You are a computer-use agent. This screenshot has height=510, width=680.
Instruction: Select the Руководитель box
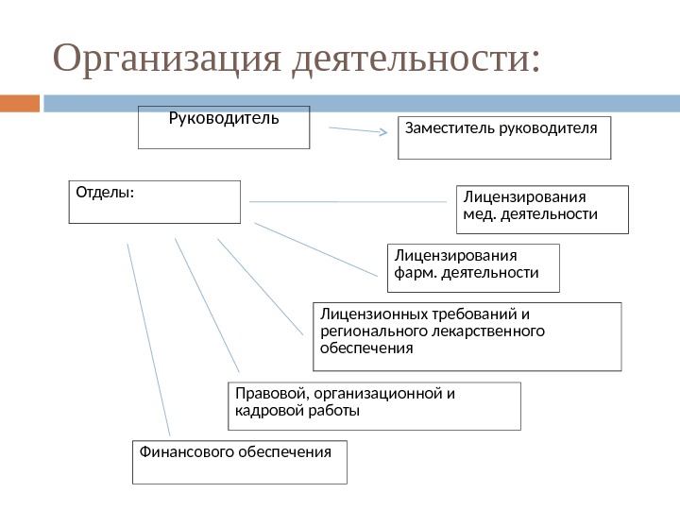coord(224,127)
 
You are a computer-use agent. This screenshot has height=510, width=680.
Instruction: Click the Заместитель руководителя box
coord(504,137)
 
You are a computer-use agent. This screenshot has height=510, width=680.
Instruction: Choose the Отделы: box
coord(154,201)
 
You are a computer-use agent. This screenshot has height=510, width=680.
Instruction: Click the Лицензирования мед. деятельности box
coord(541,209)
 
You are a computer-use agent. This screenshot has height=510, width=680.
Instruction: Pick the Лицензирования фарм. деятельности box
coord(473,267)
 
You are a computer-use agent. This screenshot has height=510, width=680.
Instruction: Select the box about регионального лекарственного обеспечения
coord(467,335)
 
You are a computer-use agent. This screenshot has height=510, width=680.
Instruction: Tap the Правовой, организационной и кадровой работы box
coord(374,405)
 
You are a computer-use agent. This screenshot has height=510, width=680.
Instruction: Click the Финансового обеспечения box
coord(239,461)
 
